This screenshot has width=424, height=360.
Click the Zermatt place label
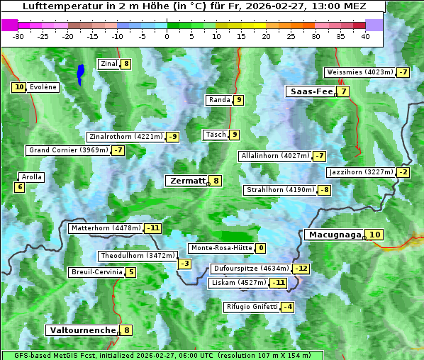tap(186, 181)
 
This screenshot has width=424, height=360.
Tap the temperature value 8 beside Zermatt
tap(216, 181)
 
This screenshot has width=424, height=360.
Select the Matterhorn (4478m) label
tap(105, 228)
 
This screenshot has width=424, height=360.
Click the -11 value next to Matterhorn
tap(152, 228)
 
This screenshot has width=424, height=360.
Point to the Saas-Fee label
tap(310, 91)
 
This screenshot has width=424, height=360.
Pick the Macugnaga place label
tap(334, 235)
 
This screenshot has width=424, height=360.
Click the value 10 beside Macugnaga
tap(374, 235)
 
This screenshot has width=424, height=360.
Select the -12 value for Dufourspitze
tap(301, 269)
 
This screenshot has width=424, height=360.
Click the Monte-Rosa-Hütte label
tap(221, 248)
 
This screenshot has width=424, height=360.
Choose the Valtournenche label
tap(82, 330)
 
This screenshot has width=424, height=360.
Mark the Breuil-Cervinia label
tap(95, 272)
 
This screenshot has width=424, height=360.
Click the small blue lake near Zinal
tap(81, 73)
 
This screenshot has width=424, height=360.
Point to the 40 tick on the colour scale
tap(365, 36)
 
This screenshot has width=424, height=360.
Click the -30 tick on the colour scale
tap(18, 36)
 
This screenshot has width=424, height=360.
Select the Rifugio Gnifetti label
tap(251, 307)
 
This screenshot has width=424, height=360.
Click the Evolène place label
tap(43, 87)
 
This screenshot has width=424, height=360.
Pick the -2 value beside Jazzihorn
tap(403, 172)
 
